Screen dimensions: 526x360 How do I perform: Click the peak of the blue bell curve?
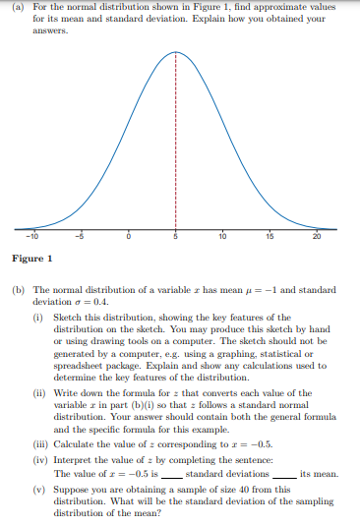pyautogui.click(x=176, y=48)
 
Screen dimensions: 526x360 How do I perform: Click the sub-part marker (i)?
pyautogui.click(x=37, y=318)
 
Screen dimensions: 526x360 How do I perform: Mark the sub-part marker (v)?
pyautogui.click(x=38, y=486)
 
